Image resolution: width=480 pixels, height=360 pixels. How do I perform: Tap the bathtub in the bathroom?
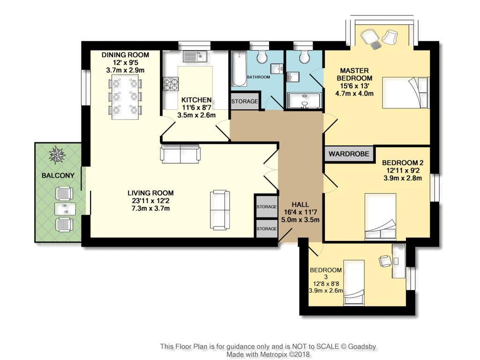tap(239, 70)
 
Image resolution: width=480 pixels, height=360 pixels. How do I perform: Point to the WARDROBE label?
tap(349, 154)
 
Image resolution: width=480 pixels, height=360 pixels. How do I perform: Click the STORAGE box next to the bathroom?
tap(244, 101)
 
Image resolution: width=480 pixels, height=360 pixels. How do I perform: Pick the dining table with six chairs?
tap(125, 97)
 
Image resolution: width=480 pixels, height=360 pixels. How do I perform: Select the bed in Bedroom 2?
tap(381, 217)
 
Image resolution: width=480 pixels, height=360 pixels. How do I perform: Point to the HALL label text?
tap(300, 204)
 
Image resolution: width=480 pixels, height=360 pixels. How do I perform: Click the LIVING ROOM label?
tap(150, 193)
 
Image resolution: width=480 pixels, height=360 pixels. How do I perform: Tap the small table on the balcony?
tap(64, 209)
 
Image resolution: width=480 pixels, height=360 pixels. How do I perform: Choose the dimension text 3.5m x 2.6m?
tap(196, 115)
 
